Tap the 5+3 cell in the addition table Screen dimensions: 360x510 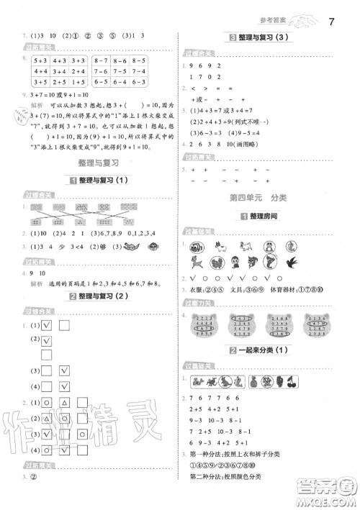(x=40, y=61)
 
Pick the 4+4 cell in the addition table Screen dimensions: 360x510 (x=40, y=71)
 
